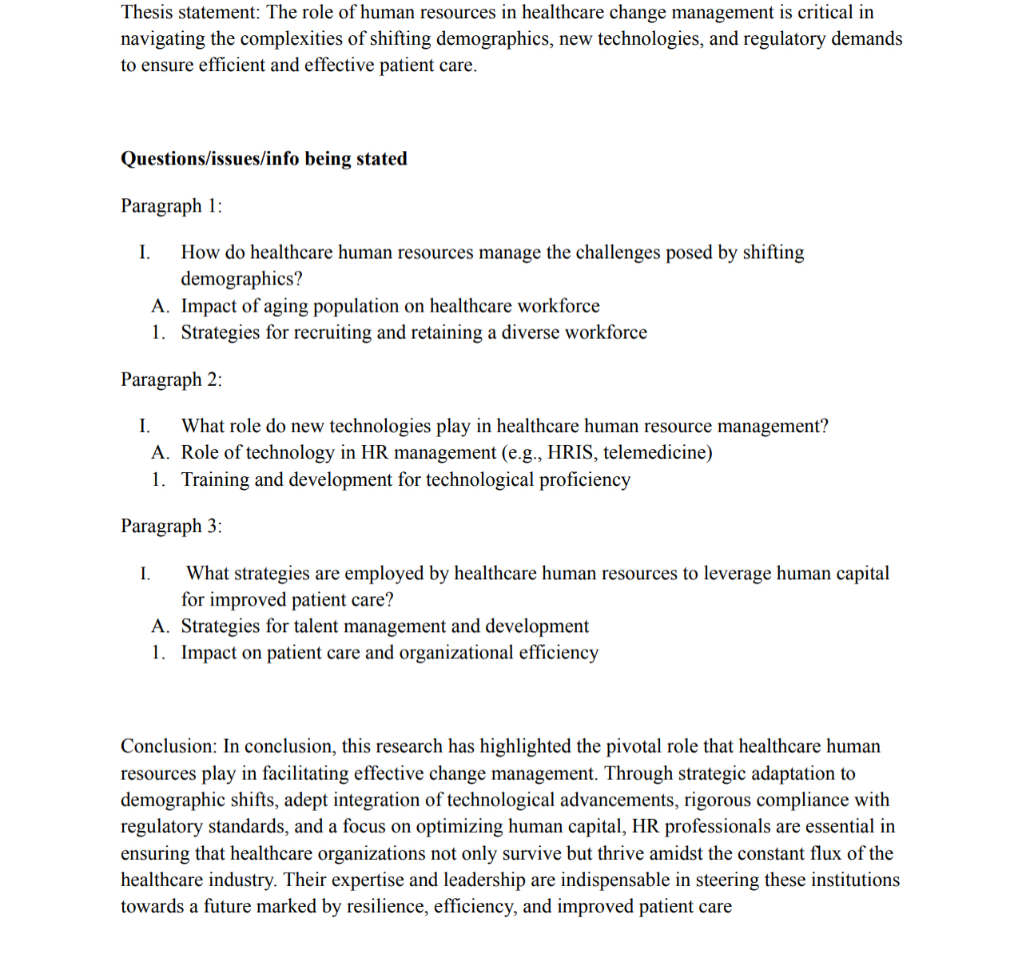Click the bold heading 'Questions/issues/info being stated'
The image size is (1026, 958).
264,159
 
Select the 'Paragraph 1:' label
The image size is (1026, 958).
171,206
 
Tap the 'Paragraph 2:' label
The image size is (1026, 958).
171,380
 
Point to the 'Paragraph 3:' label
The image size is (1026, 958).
171,527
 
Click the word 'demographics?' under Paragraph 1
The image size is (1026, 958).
241,279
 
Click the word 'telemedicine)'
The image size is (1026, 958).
658,453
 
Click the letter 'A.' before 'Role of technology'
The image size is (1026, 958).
160,453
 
